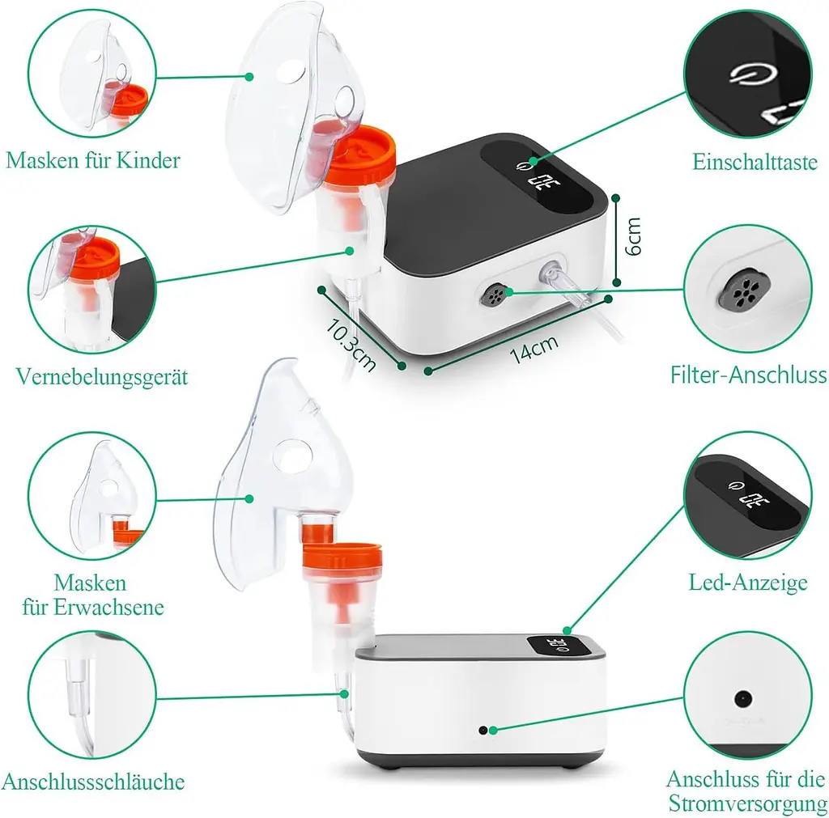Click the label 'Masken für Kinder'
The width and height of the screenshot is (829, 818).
(93, 160)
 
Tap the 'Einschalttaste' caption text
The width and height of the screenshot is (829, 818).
(755, 162)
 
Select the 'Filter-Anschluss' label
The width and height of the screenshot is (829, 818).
(748, 375)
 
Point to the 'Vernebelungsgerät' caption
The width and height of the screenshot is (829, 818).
(102, 377)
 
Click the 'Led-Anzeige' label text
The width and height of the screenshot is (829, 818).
(747, 583)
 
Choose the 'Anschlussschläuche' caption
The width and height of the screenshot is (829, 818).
(93, 782)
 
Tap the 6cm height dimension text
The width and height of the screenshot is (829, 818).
(633, 236)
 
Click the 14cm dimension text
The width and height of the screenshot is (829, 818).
(534, 349)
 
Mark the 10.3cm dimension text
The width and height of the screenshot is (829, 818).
(351, 344)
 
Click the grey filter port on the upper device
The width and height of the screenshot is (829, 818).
(495, 295)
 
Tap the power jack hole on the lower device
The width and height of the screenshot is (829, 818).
(483, 731)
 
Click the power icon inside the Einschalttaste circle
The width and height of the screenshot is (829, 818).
(754, 74)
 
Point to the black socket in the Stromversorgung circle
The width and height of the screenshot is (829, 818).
(743, 699)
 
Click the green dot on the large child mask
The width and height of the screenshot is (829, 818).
(249, 77)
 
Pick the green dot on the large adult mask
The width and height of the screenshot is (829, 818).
(249, 498)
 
